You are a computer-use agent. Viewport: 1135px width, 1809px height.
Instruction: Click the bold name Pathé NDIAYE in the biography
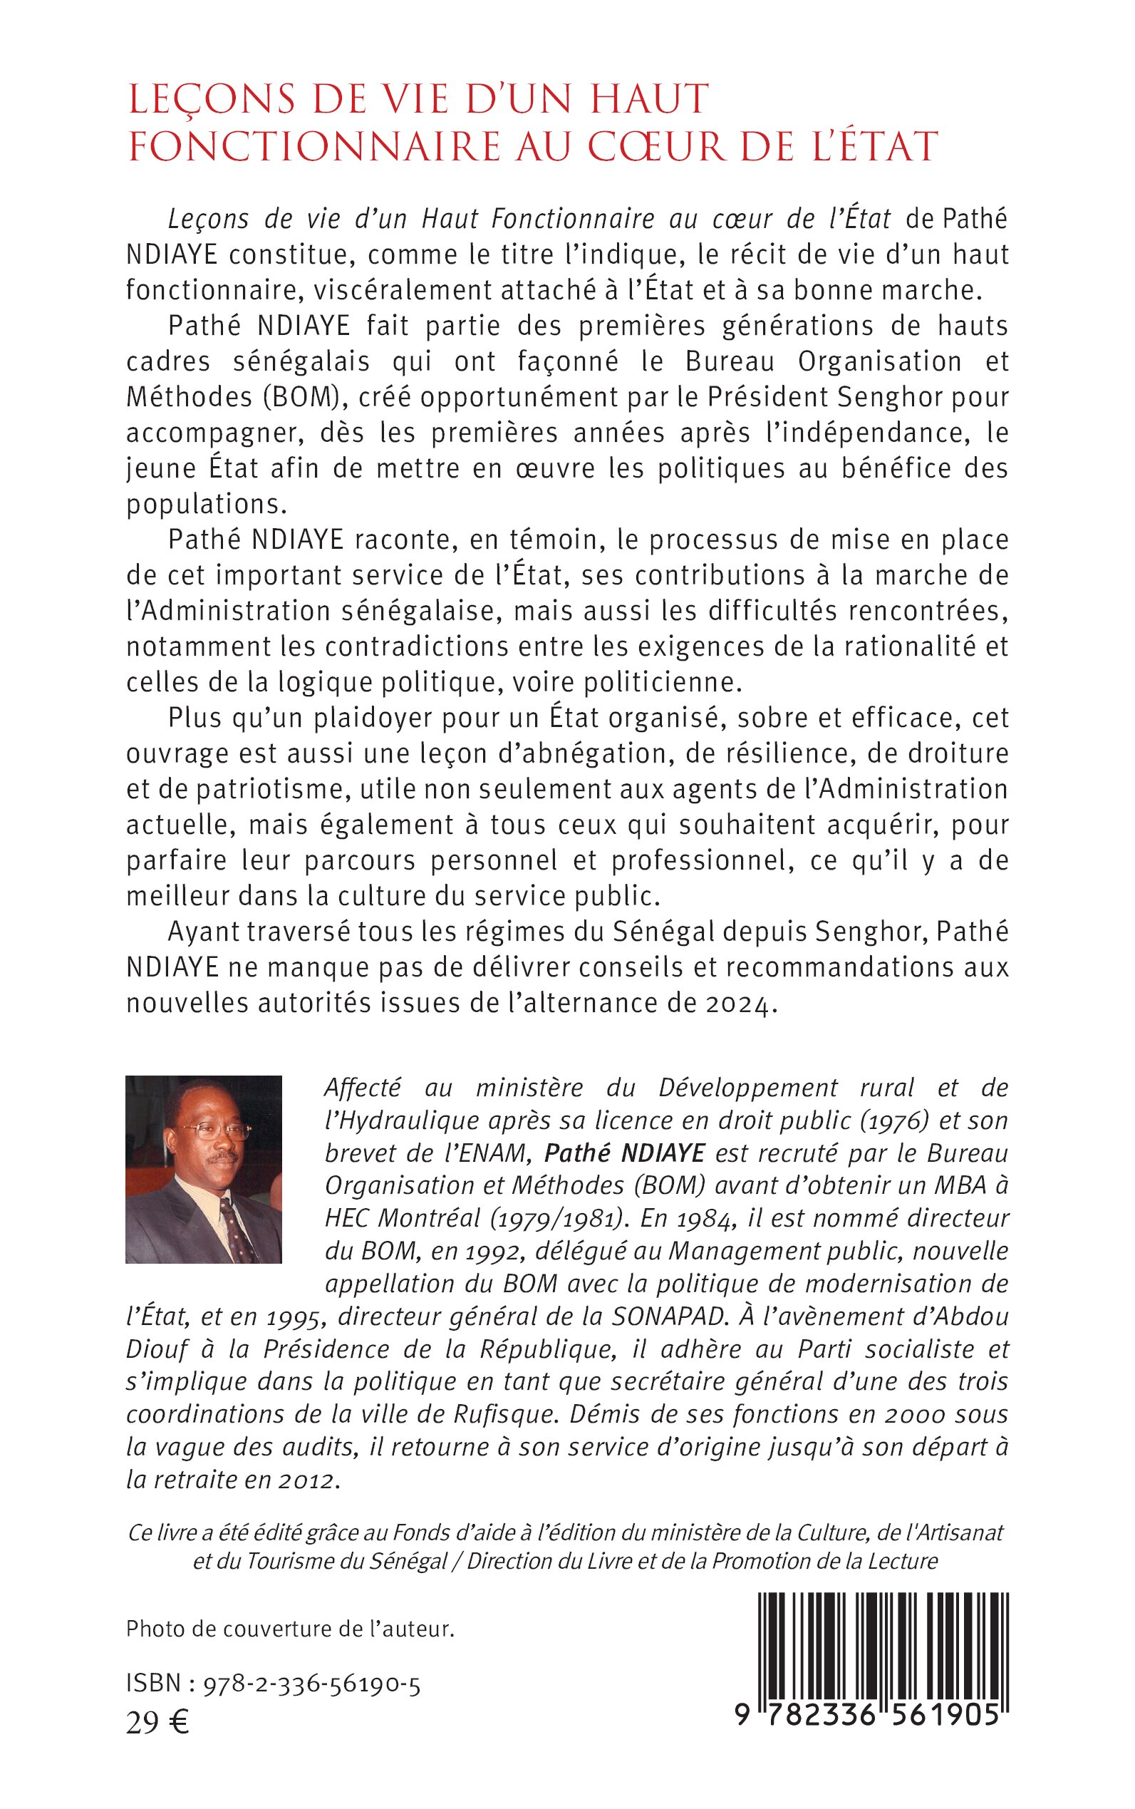[625, 1153]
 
